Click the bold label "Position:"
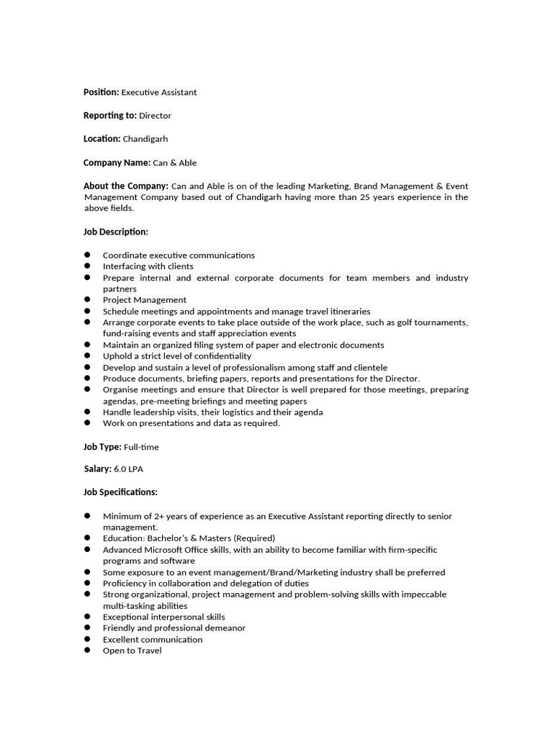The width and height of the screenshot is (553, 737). [x=101, y=92]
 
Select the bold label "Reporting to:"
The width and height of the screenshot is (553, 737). [x=109, y=115]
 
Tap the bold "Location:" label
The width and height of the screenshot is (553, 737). [x=102, y=139]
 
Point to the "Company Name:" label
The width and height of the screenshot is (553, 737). [x=117, y=163]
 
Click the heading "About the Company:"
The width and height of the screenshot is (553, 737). [x=126, y=186]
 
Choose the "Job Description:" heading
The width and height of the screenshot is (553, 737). [x=116, y=232]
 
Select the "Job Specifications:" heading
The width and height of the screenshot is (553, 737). [x=120, y=492]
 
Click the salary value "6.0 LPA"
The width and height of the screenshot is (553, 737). [x=128, y=469]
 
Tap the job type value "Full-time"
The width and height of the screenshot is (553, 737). [x=141, y=447]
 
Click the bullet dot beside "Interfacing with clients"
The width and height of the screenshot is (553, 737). [x=87, y=266]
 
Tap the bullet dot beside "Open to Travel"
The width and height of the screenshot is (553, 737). [x=87, y=651]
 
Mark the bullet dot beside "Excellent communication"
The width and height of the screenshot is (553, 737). [x=87, y=639]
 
